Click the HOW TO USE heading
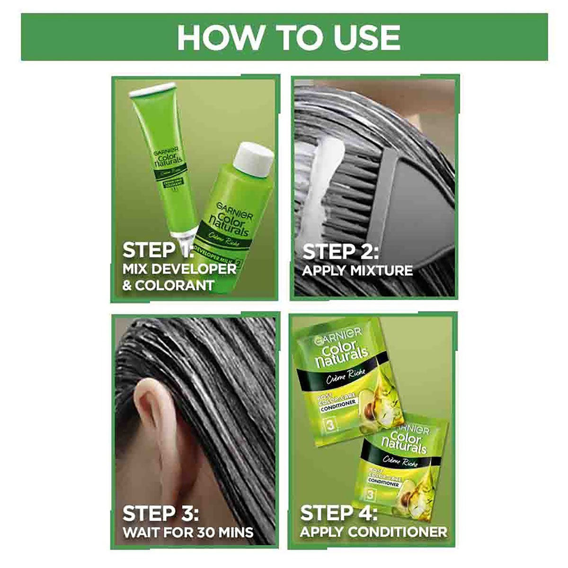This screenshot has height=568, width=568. pos(288,37)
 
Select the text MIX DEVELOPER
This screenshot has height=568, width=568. pos(179,269)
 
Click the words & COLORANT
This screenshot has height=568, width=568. pos(168,285)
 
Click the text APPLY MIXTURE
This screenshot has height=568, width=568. pos(357,270)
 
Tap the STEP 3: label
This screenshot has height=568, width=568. pos(160,513)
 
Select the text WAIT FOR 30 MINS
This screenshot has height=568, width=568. pos(188,531)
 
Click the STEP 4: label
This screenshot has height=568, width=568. pos(339,513)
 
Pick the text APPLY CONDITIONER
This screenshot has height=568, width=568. pos(373,531)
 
